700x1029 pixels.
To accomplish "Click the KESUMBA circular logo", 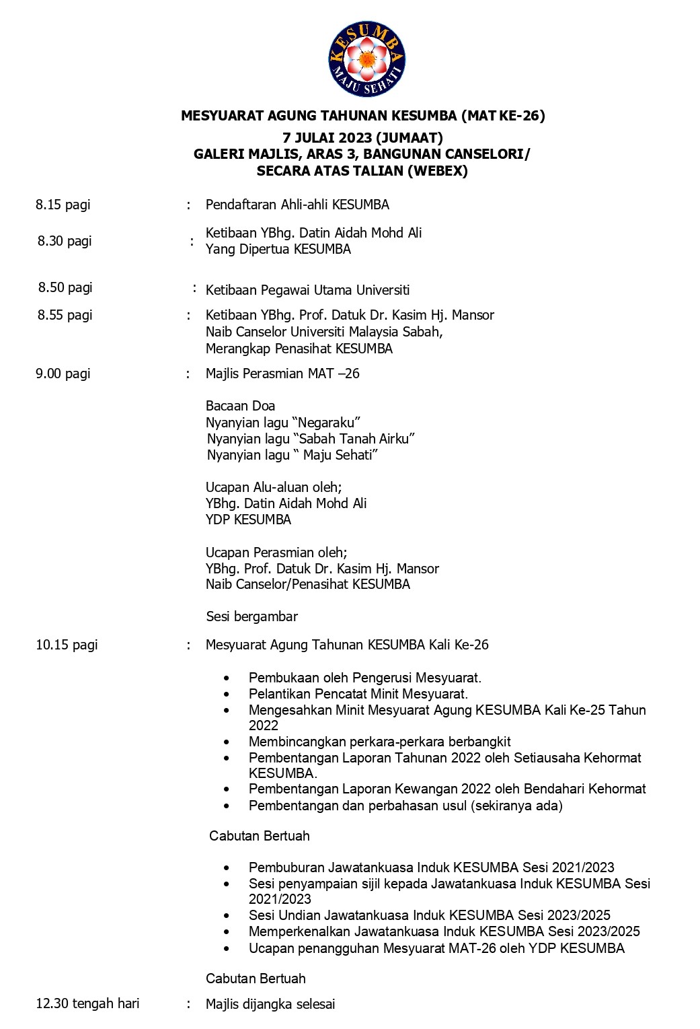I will click(x=366, y=59).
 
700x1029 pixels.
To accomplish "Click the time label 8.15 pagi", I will click(x=63, y=205).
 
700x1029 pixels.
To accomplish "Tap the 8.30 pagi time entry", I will click(x=65, y=241).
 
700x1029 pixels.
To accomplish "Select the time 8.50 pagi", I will click(x=65, y=287).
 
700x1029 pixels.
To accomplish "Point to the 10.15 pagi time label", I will click(x=67, y=645).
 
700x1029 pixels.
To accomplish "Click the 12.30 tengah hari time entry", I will click(x=87, y=1003).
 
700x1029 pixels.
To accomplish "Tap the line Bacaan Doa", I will click(x=240, y=406).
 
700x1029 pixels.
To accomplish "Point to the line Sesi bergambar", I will click(x=251, y=616).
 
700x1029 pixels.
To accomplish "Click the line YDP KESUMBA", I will click(x=248, y=520).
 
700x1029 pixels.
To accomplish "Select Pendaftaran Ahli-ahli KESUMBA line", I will click(x=297, y=205).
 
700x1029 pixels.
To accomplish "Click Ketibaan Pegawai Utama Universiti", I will click(x=307, y=290).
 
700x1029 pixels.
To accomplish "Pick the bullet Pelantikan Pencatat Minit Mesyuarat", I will click(x=358, y=694).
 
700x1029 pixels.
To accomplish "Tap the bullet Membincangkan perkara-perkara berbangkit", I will click(x=379, y=742).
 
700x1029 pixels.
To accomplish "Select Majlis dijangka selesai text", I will click(x=270, y=1004).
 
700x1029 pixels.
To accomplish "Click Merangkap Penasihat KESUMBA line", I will click(x=299, y=349).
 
